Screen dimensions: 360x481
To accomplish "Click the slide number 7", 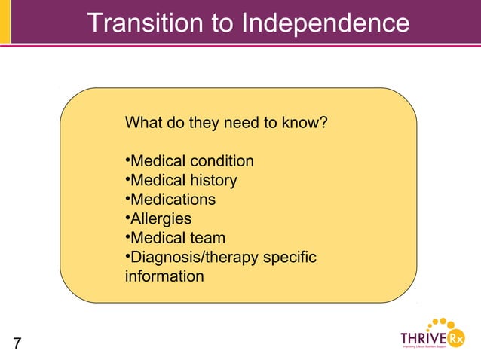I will point(17,344).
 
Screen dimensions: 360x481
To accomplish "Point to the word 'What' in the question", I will point(142,122).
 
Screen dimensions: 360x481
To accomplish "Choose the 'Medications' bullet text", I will point(173,200).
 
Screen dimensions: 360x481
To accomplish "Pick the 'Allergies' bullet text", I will point(161,219).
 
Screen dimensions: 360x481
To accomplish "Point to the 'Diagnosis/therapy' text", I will point(194,258).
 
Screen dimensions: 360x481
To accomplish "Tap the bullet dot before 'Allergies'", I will point(127,219).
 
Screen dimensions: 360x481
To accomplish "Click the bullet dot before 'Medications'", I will point(127,200).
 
